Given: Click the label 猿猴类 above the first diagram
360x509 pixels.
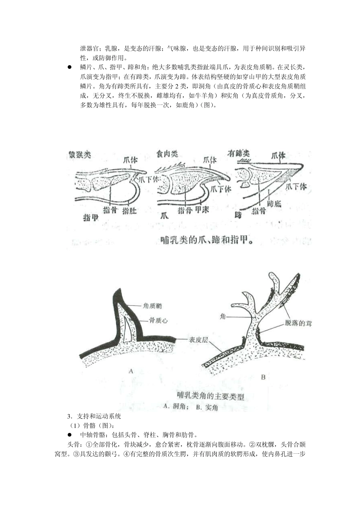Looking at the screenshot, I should [80, 155].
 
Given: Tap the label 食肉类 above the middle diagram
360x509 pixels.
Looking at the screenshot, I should [167, 154].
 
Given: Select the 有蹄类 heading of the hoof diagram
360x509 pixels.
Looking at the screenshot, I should [238, 153].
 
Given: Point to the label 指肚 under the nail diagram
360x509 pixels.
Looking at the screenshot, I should [129, 211].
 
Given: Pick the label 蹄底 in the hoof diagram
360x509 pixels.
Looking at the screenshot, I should [274, 204].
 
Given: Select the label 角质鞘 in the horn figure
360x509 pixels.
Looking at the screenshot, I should [152, 306].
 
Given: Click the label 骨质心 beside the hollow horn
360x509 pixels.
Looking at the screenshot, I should [158, 320].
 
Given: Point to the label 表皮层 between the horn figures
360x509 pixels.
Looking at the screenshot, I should [199, 340].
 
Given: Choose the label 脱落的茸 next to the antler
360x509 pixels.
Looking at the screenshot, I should [298, 323].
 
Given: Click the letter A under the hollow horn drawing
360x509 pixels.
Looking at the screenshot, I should [131, 371].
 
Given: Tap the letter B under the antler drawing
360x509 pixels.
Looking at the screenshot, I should [263, 377].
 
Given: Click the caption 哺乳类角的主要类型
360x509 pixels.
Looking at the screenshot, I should [211, 397].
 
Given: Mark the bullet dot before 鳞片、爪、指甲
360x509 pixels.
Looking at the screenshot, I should [70, 67].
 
